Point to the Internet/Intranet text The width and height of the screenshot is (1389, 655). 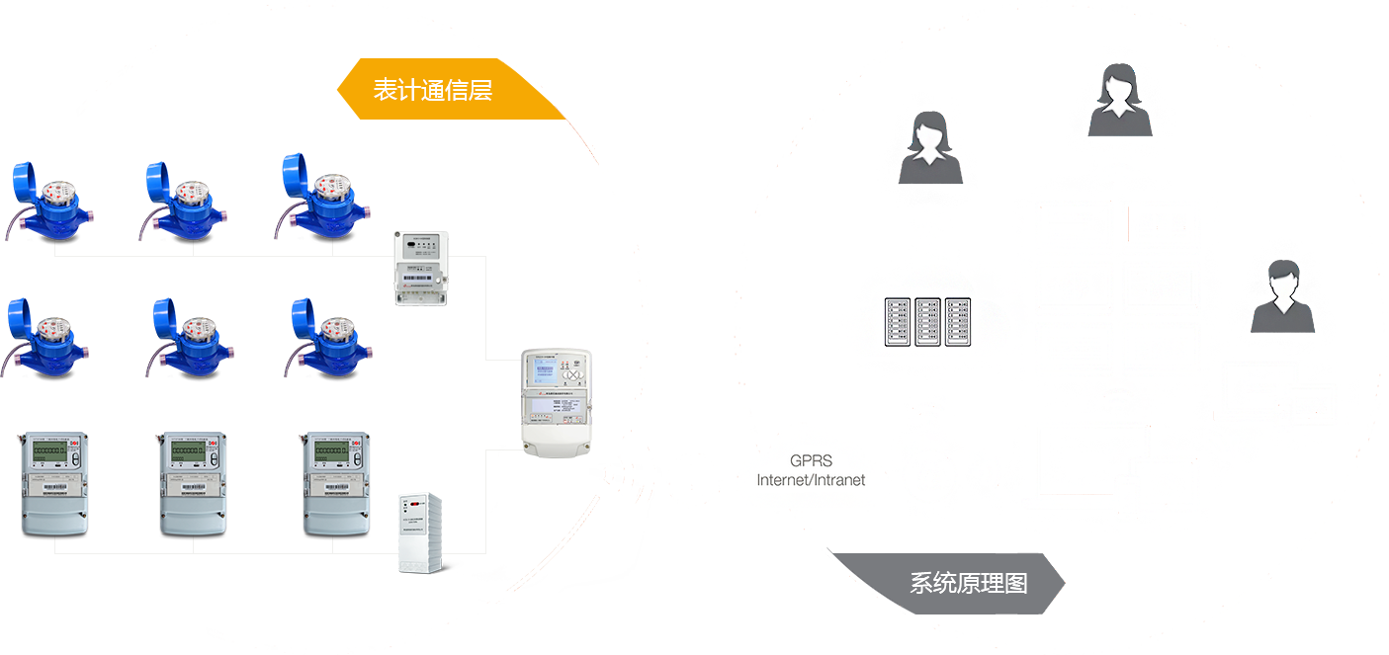(x=811, y=480)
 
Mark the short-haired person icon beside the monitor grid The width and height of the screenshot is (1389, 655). (x=1282, y=295)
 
